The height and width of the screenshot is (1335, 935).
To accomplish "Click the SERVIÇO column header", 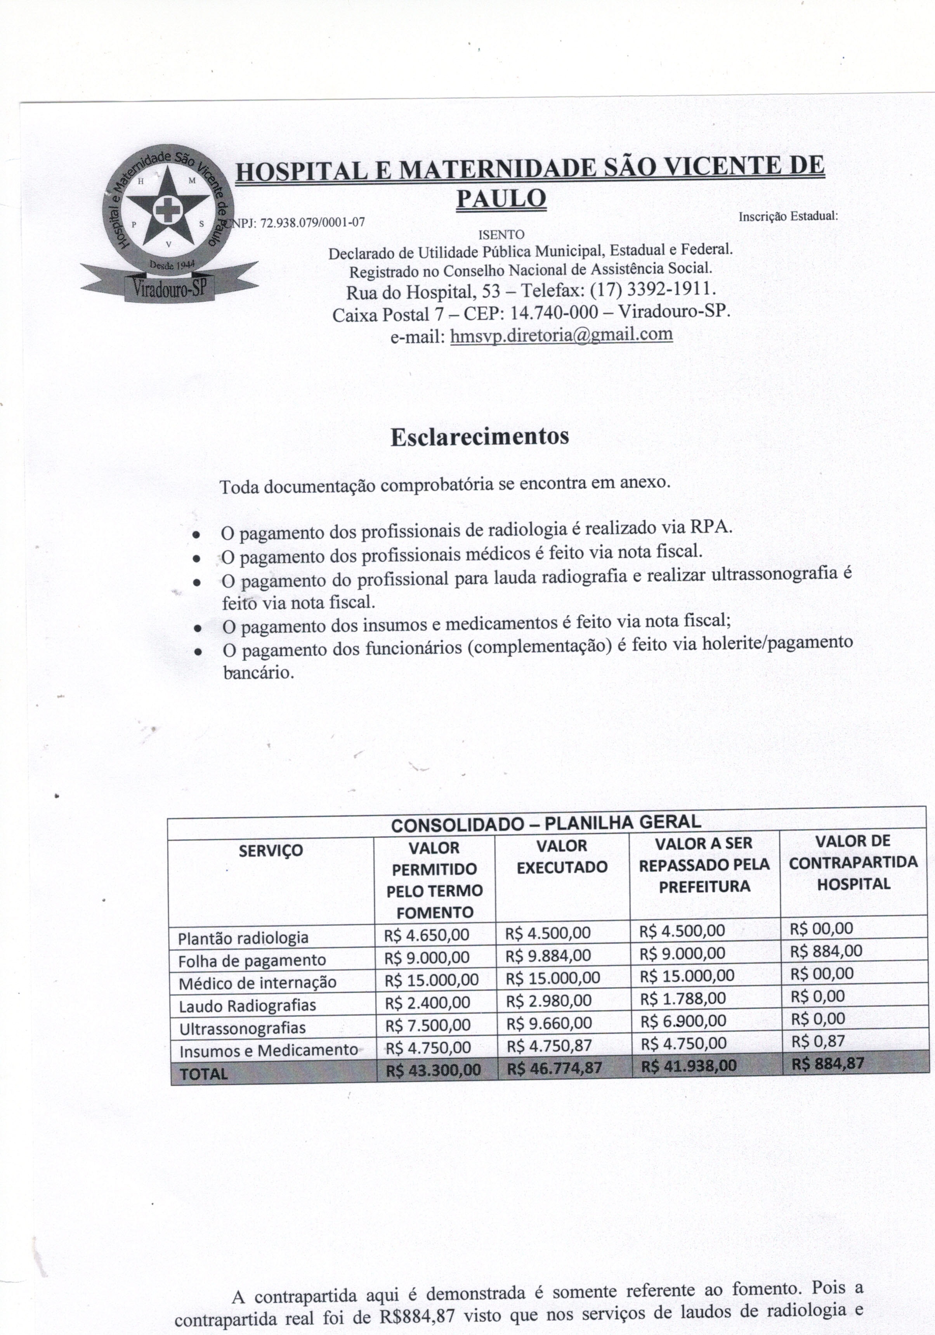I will [271, 851].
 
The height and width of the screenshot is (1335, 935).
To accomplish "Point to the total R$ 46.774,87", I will [554, 1067].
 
